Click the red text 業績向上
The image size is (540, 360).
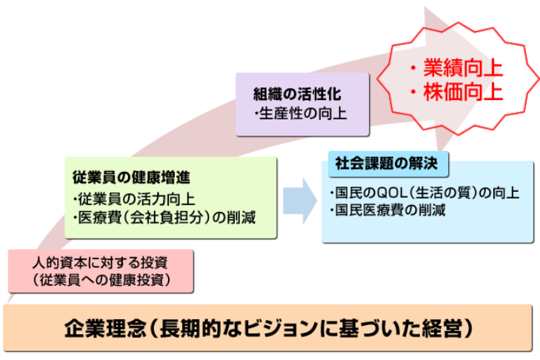(463, 67)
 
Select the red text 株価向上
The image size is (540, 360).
(463, 92)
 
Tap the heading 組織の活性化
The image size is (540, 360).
(297, 93)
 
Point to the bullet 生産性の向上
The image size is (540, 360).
(303, 113)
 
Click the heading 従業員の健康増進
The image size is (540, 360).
(131, 178)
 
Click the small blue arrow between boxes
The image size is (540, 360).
(299, 201)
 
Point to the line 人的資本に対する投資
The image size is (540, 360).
(100, 263)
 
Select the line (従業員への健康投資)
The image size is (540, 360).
(101, 280)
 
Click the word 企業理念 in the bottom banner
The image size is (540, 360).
(105, 328)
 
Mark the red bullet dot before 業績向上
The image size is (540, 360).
(413, 68)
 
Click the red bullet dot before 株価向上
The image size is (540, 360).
(413, 93)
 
